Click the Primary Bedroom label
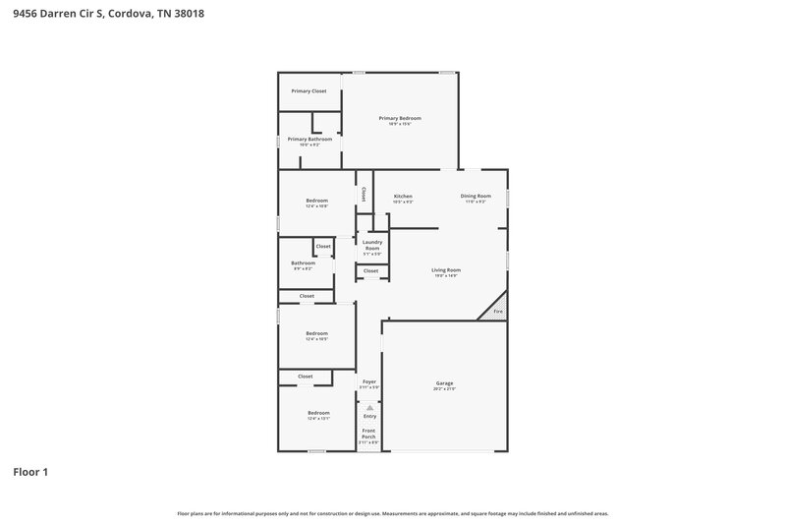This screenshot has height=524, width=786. click(x=399, y=118)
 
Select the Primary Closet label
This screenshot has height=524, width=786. click(x=309, y=90)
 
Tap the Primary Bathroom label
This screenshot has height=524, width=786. click(x=309, y=140)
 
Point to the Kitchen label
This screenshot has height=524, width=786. click(x=403, y=196)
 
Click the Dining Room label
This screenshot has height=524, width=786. click(x=476, y=196)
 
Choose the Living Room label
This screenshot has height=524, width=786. click(x=446, y=269)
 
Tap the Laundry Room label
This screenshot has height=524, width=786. click(x=371, y=245)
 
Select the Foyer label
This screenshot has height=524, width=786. click(x=369, y=381)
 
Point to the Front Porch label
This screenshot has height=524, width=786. click(x=369, y=434)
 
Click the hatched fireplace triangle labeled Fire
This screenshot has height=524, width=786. click(x=496, y=310)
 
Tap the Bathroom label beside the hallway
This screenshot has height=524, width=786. click(x=303, y=262)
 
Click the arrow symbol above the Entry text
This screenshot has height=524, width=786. click(x=370, y=407)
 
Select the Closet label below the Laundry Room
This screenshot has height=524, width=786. click(x=370, y=270)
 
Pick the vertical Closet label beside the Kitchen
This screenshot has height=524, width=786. click(x=364, y=194)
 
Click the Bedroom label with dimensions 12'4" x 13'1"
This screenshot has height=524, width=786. click(x=318, y=413)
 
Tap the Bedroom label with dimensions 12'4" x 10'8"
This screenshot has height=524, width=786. click(x=316, y=201)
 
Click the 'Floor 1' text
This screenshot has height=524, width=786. click(x=30, y=472)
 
